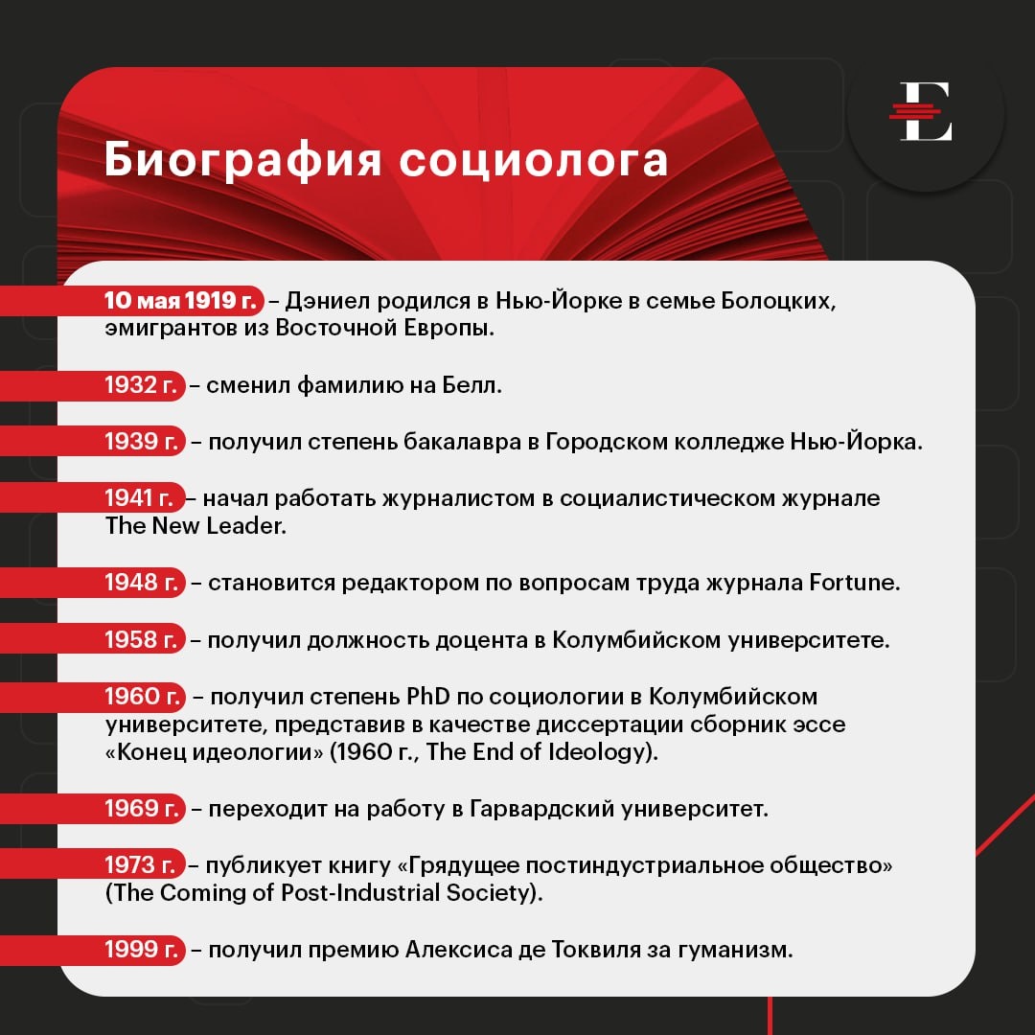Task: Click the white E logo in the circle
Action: (926, 112)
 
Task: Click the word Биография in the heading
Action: (240, 159)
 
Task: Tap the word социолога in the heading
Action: (533, 159)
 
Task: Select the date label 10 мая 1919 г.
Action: (182, 300)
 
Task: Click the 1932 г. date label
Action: (143, 386)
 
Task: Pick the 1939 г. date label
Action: (143, 442)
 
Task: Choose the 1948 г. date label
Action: (143, 582)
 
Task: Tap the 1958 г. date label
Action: (143, 639)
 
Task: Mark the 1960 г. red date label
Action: (143, 696)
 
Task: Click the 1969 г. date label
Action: (143, 809)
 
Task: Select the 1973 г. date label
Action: (143, 865)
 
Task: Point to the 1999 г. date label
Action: (143, 950)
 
